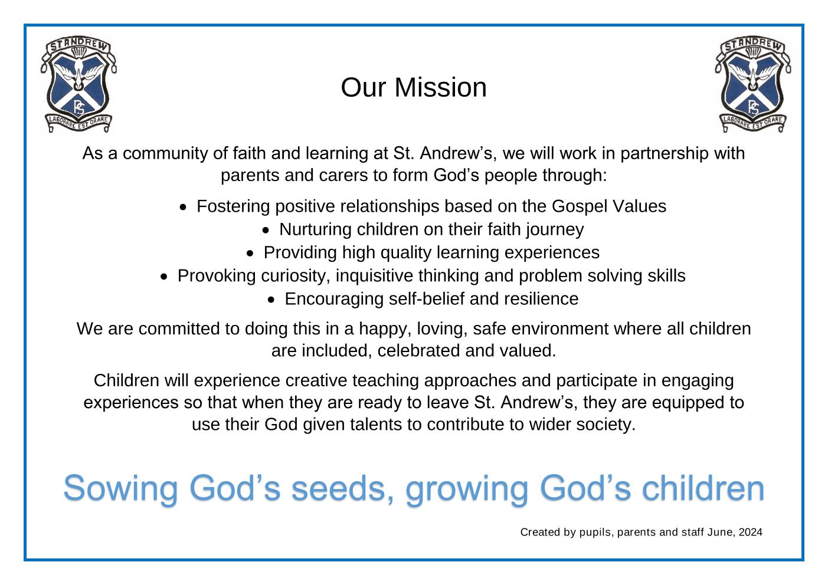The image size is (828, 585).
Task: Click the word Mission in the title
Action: [x=440, y=88]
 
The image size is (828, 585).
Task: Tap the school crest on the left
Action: [x=78, y=85]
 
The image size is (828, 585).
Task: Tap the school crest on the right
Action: [x=753, y=85]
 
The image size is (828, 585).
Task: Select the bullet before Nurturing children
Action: [x=266, y=231]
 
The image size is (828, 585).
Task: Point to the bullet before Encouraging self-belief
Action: [x=271, y=300]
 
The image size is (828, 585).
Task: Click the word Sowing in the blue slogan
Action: [x=121, y=489]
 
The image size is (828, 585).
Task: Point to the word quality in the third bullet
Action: [x=406, y=254]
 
